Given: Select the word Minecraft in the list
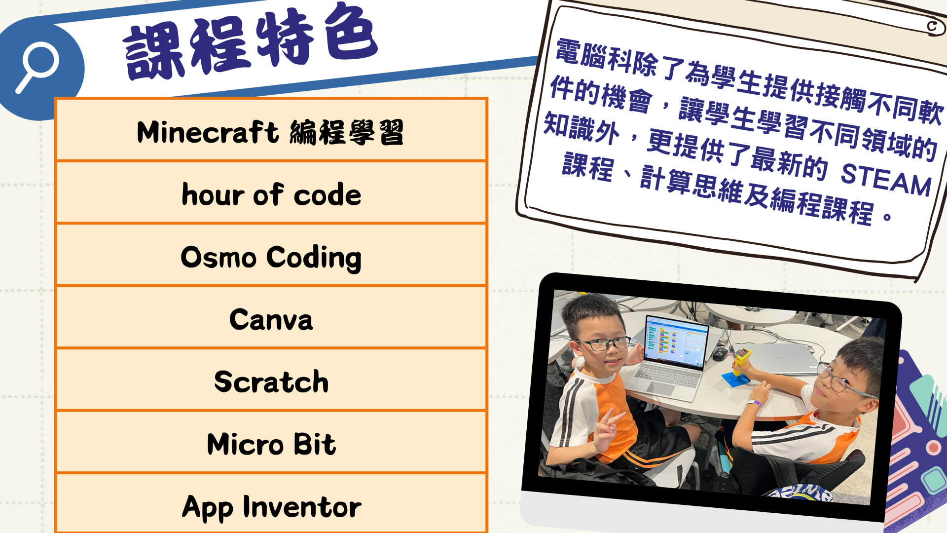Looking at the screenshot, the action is pyautogui.click(x=208, y=132).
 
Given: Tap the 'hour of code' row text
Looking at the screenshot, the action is pyautogui.click(x=271, y=194).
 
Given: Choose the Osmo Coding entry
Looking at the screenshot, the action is pyautogui.click(x=271, y=258).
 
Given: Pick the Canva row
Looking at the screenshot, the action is pyautogui.click(x=271, y=319).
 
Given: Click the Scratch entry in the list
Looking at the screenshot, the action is pyautogui.click(x=271, y=381).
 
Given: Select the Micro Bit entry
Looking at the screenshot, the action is pyautogui.click(x=271, y=444).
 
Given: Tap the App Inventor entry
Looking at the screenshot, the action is pyautogui.click(x=271, y=507).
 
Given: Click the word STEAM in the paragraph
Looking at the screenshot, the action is pyautogui.click(x=886, y=180).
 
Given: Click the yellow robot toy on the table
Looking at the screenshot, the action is pyautogui.click(x=739, y=363).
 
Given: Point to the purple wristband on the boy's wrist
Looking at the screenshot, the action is pyautogui.click(x=754, y=404).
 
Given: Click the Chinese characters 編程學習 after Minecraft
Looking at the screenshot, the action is pyautogui.click(x=347, y=132).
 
